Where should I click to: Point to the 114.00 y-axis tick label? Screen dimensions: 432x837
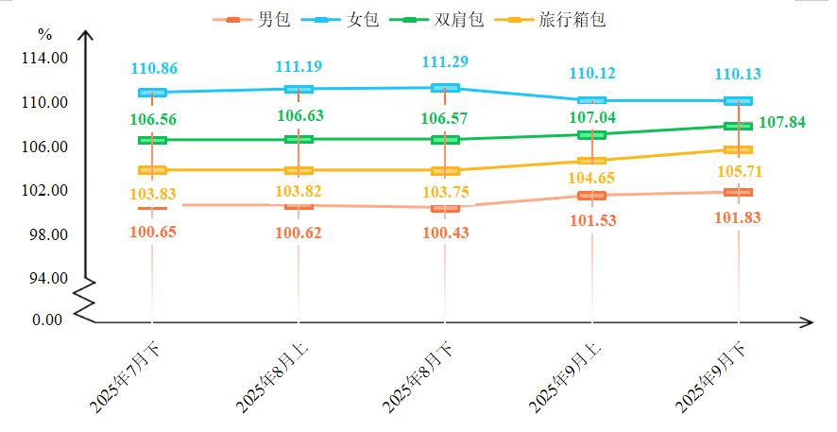tap(45, 59)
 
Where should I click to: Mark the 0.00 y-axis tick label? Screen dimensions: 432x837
tap(47, 320)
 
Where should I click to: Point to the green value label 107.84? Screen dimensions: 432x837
tap(783, 123)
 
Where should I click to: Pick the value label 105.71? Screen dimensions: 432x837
tap(739, 172)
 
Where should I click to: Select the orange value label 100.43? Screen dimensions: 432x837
tap(445, 233)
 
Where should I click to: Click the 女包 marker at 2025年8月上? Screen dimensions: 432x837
tap(299, 89)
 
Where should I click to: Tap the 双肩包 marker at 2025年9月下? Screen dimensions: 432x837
tap(738, 126)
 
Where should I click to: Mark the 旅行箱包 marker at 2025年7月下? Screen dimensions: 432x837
tap(152, 170)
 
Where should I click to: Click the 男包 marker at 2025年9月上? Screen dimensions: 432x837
tap(591, 196)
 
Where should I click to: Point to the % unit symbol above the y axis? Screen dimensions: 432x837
tap(45, 35)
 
